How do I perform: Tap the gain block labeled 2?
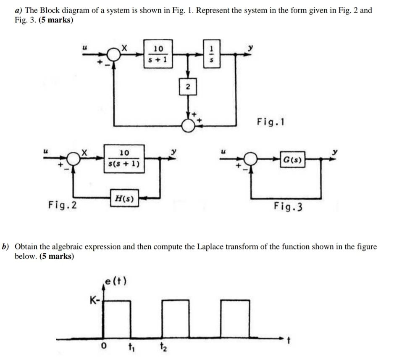(x=188, y=87)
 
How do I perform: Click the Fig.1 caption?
(x=271, y=122)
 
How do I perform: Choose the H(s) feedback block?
(x=124, y=198)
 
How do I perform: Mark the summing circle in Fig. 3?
(x=251, y=159)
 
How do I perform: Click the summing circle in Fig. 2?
(x=74, y=159)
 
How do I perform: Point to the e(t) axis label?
(x=116, y=281)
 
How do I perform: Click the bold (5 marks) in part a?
(x=56, y=20)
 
